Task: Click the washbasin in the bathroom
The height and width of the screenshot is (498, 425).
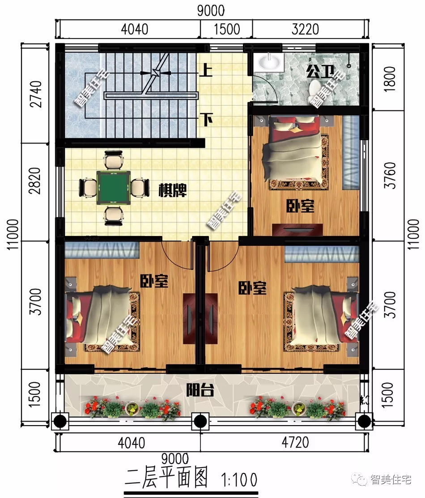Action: [x=268, y=63]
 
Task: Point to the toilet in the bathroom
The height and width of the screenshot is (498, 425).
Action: [x=314, y=88]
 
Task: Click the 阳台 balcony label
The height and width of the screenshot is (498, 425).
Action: [x=200, y=391]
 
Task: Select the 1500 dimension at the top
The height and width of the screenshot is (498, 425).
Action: [x=226, y=29]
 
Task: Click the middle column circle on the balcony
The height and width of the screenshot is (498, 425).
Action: [x=200, y=421]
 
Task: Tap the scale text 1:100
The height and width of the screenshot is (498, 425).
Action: [x=239, y=480]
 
